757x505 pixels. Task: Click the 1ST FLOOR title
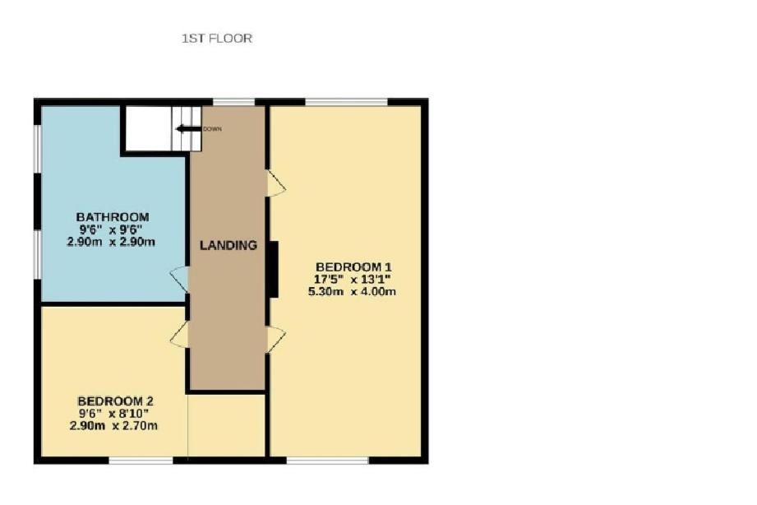point(217,38)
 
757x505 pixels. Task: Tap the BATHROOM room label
point(113,217)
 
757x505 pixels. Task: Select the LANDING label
point(228,245)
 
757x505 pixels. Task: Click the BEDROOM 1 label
point(353,266)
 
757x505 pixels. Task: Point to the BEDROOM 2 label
point(115,401)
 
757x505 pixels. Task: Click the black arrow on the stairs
point(188,128)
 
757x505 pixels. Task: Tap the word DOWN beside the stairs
point(212,129)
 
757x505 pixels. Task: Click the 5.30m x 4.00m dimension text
point(352,291)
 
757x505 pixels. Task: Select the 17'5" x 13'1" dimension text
point(352,280)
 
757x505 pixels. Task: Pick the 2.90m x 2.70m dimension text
point(113,426)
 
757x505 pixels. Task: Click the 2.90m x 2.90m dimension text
point(111,242)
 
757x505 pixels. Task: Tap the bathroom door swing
point(179,280)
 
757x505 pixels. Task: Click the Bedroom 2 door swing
point(179,334)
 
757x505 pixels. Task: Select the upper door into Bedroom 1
point(276,183)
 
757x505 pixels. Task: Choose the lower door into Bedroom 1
point(276,340)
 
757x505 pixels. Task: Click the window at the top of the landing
point(233,101)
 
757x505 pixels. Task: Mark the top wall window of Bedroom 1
point(347,101)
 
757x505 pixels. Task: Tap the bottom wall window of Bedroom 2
point(141,461)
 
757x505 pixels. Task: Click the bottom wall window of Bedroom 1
point(328,461)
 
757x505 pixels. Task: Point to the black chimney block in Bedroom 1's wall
point(273,269)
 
